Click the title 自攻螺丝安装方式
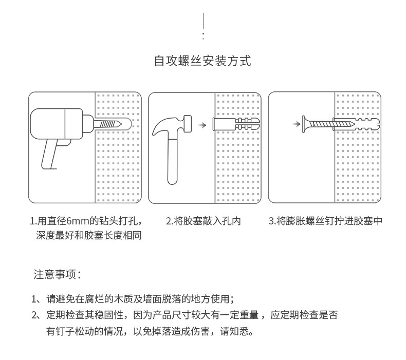coord(202,62)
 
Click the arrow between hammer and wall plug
coord(202,125)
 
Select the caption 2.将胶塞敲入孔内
coord(203,222)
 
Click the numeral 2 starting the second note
coord(34,315)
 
